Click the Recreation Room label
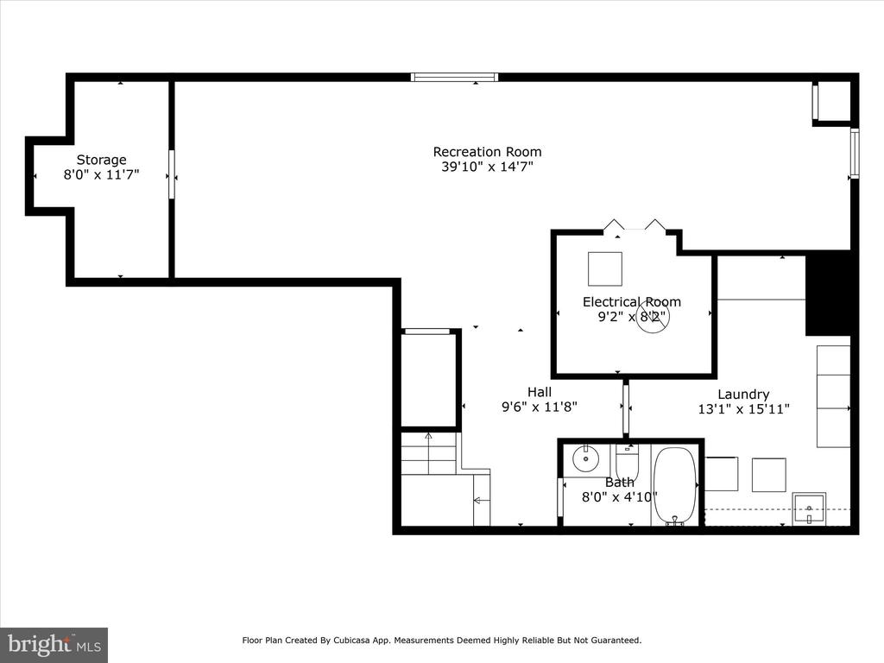coord(487,152)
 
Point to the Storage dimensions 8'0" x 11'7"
coord(102,174)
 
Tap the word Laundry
coord(743,394)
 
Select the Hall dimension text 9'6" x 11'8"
coord(539,407)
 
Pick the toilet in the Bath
coord(627,458)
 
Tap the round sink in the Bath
coord(586,458)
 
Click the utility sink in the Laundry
coord(809,508)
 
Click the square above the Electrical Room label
coord(604,268)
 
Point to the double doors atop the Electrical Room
coord(635,226)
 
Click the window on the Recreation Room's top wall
coord(455,77)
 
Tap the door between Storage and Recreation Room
coord(172,175)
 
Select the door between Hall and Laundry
coord(626,408)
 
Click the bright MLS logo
coord(54,644)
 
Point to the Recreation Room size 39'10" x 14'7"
coord(487,167)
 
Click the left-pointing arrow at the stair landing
coord(481,500)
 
